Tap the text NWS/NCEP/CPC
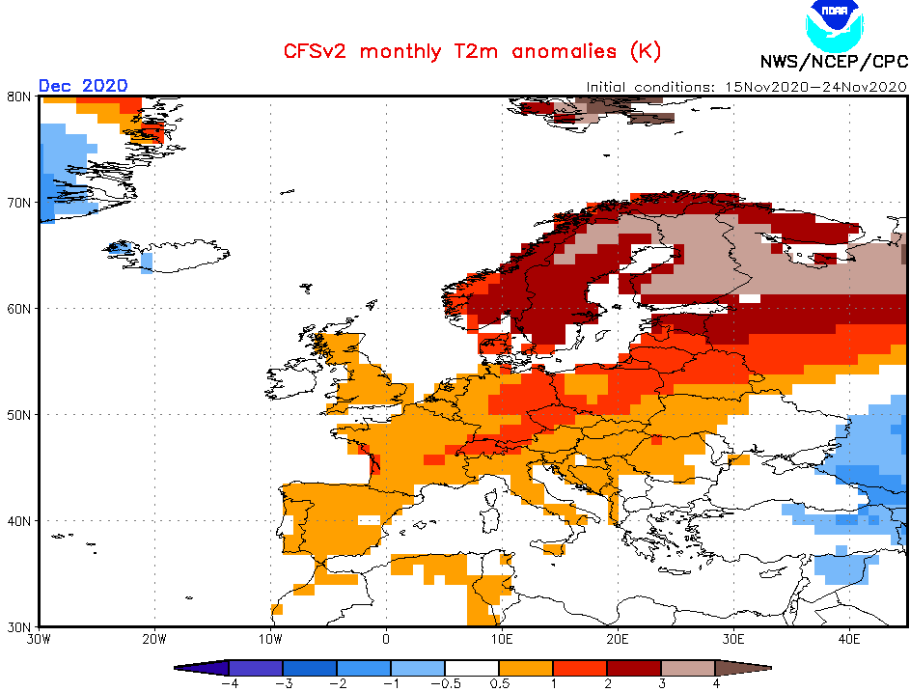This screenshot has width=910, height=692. click(833, 63)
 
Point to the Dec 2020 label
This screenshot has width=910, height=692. click(83, 85)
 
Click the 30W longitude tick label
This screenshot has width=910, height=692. click(39, 638)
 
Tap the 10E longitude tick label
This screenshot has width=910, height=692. click(502, 638)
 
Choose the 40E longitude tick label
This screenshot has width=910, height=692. click(849, 638)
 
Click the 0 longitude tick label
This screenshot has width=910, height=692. click(386, 638)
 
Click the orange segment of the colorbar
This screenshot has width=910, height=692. click(525, 667)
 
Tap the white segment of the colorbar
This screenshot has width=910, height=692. click(472, 667)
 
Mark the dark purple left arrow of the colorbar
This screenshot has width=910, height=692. click(203, 667)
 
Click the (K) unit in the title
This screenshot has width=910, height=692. click(645, 51)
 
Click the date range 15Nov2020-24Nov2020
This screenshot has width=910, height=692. click(813, 86)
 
